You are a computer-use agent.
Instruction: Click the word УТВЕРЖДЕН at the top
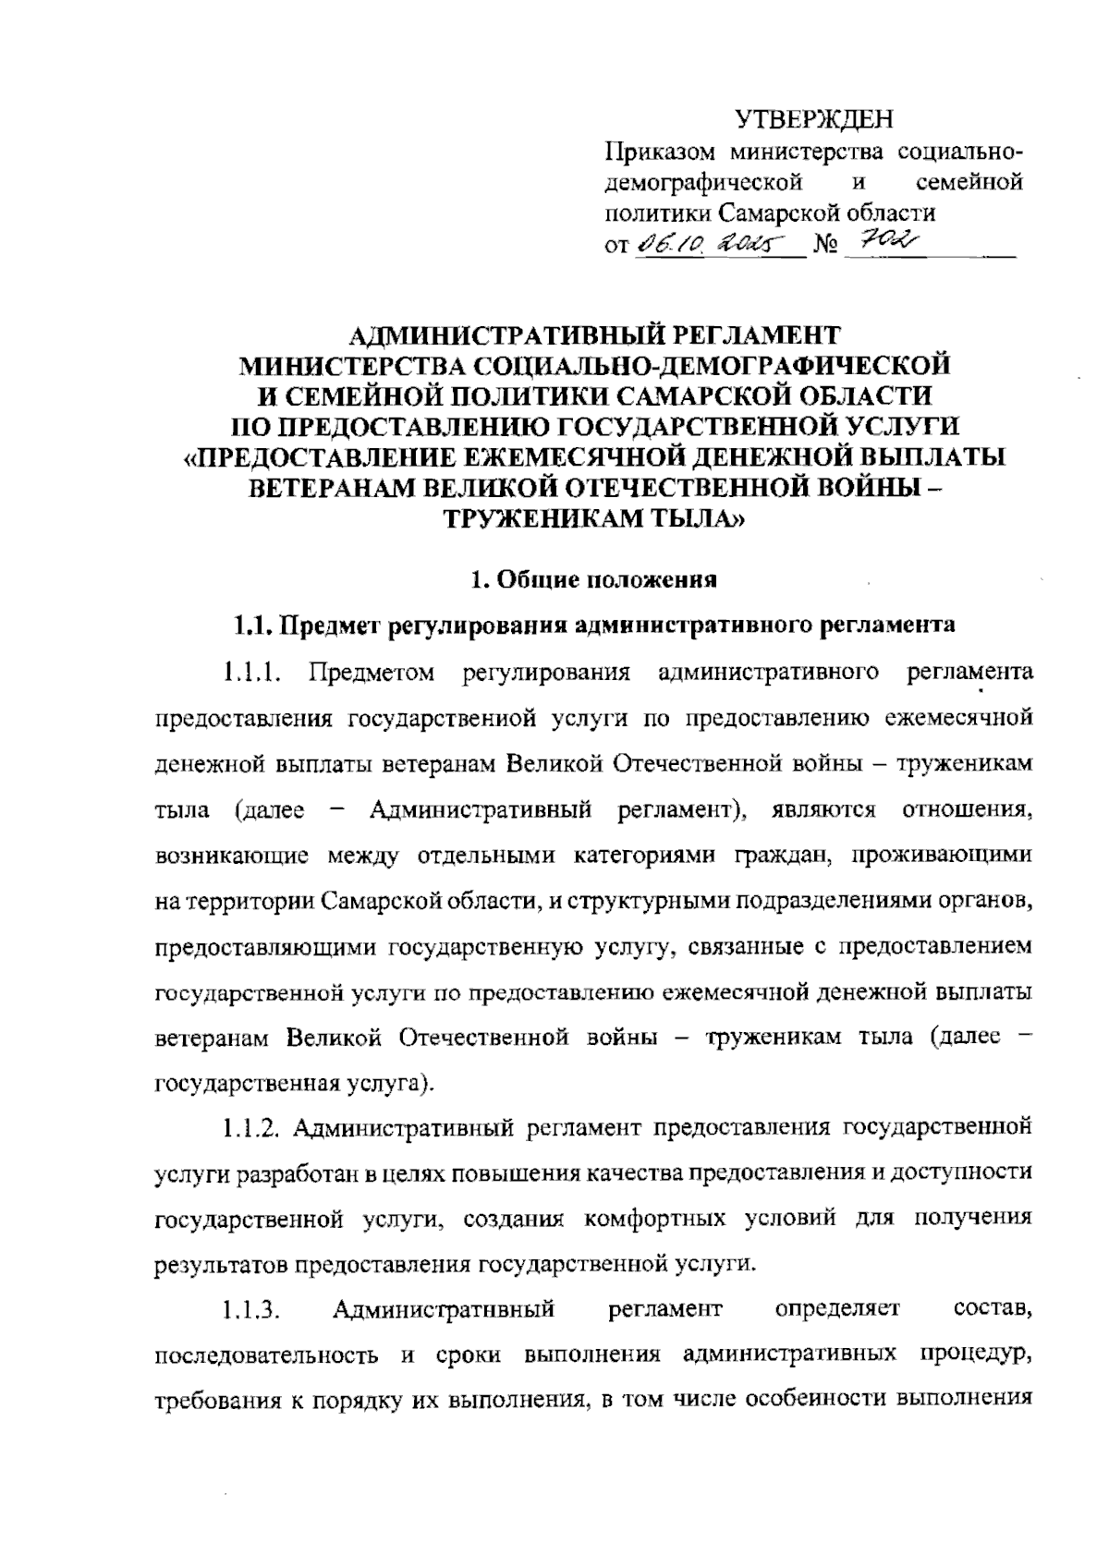click(x=815, y=118)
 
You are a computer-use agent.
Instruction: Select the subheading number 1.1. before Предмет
click(x=250, y=625)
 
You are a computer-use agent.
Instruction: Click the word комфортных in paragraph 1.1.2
click(x=654, y=1217)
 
